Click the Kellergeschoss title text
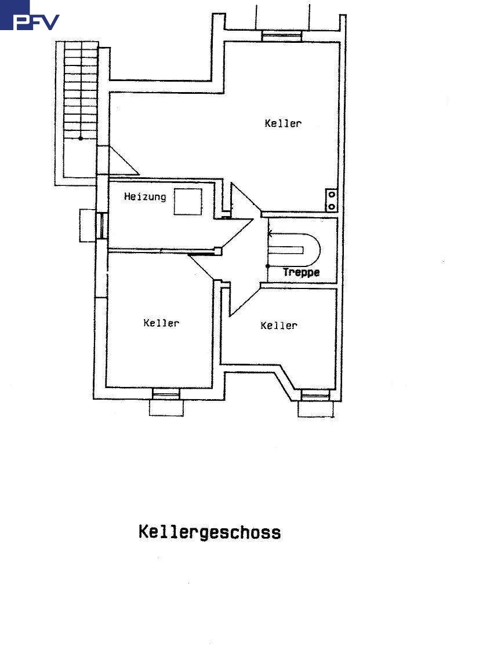pyautogui.click(x=209, y=532)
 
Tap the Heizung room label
pyautogui.click(x=145, y=197)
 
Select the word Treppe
pyautogui.click(x=301, y=272)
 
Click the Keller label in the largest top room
pyautogui.click(x=283, y=123)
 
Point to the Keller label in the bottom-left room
pyautogui.click(x=161, y=323)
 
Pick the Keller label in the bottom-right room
pyautogui.click(x=279, y=326)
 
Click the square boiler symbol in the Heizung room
pyautogui.click(x=188, y=202)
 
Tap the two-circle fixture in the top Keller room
pyautogui.click(x=332, y=200)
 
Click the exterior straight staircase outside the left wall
pyautogui.click(x=80, y=93)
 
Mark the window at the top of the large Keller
pyautogui.click(x=282, y=36)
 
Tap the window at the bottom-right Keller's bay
pyautogui.click(x=315, y=396)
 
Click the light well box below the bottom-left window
pyautogui.click(x=166, y=408)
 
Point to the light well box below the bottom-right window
pyautogui.click(x=316, y=409)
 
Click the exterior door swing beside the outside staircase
pyautogui.click(x=121, y=162)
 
